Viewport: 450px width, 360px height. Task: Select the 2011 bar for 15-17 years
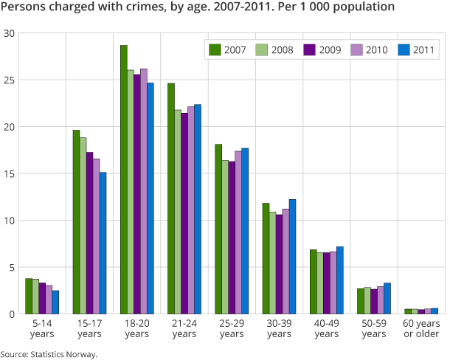[103, 243]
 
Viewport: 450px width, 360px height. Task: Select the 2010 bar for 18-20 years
[143, 191]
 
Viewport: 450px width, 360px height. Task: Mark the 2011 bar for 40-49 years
[339, 280]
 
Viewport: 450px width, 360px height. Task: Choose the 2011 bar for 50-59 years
[387, 298]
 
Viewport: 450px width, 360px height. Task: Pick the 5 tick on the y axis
[10, 267]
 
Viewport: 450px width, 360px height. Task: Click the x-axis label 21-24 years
[184, 329]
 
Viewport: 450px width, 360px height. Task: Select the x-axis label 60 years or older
[420, 329]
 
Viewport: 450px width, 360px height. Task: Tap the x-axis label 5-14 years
[42, 329]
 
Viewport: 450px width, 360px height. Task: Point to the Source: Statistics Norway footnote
[49, 354]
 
